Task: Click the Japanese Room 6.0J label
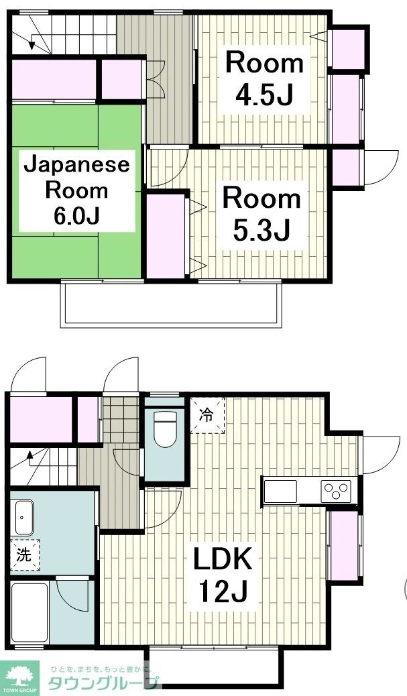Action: tap(76, 190)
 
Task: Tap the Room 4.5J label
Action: tap(264, 78)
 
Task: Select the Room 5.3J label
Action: tap(261, 214)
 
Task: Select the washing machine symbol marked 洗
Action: tap(24, 555)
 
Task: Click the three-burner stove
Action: tap(335, 491)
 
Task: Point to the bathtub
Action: tap(30, 614)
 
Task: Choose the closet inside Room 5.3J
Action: tap(166, 235)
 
